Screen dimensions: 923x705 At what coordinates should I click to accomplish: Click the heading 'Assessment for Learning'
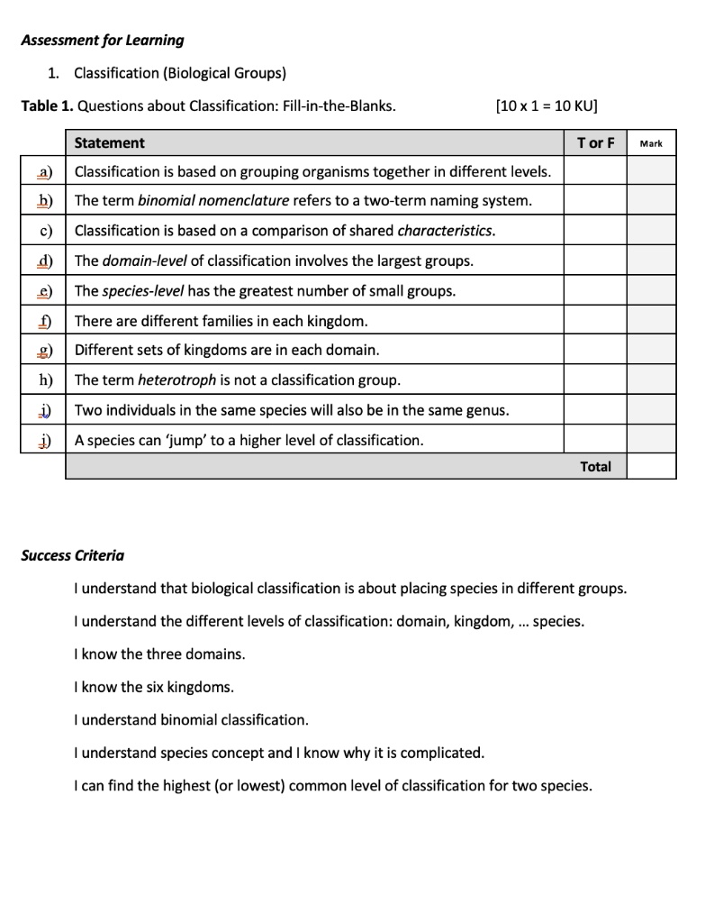(103, 40)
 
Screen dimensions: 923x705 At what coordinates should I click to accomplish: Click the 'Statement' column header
(109, 142)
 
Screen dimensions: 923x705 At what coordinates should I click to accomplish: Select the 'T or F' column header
(595, 142)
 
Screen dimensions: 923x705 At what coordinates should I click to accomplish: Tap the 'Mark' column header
(650, 143)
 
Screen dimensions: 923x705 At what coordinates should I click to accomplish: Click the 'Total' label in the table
(595, 466)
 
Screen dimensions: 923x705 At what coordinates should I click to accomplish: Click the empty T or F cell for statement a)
(595, 171)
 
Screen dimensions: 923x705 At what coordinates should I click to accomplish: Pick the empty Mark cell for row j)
(651, 440)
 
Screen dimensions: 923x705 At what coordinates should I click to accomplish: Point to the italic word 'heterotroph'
(176, 379)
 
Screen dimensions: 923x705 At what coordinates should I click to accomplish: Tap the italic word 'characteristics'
(446, 231)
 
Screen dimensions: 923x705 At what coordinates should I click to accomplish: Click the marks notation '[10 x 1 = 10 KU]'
(547, 105)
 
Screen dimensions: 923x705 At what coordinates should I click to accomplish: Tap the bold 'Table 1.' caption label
(47, 105)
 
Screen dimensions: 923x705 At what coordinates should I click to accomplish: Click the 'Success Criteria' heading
(73, 555)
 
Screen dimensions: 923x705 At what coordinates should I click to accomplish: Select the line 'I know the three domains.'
(159, 653)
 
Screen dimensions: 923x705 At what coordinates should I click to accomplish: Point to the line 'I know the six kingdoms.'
(154, 687)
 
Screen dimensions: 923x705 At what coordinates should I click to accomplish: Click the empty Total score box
(651, 466)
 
